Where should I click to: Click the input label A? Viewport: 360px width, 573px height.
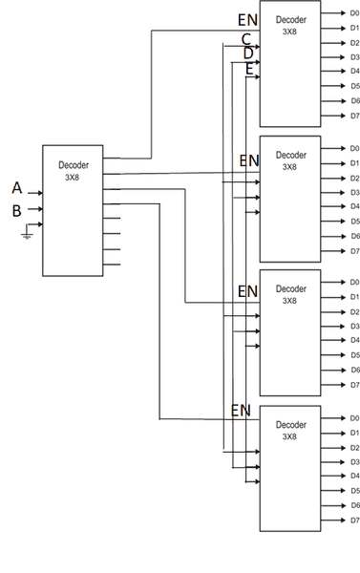[16, 188]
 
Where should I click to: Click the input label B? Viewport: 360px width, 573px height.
[16, 211]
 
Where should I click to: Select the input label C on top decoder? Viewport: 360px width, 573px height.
[245, 39]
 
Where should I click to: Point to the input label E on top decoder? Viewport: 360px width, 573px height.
[249, 69]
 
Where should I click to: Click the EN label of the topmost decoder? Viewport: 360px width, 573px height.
[246, 20]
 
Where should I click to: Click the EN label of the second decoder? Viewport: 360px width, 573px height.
[248, 160]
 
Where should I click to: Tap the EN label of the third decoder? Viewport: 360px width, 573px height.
[247, 290]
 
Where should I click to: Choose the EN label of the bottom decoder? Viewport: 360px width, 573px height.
[241, 411]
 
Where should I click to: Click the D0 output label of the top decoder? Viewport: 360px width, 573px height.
[353, 13]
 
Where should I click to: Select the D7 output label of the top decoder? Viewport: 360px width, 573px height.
[353, 117]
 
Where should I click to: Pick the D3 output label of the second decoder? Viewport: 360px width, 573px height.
[353, 192]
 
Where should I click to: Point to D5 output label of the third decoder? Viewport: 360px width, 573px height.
[353, 355]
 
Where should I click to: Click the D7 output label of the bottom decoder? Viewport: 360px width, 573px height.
[353, 520]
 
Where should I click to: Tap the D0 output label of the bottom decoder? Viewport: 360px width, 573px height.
[353, 418]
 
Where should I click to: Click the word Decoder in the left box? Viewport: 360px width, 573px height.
[73, 164]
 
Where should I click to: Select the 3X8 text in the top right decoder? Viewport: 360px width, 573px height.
[289, 32]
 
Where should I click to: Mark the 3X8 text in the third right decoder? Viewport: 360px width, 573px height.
[289, 301]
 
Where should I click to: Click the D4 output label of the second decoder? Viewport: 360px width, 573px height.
[353, 206]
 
